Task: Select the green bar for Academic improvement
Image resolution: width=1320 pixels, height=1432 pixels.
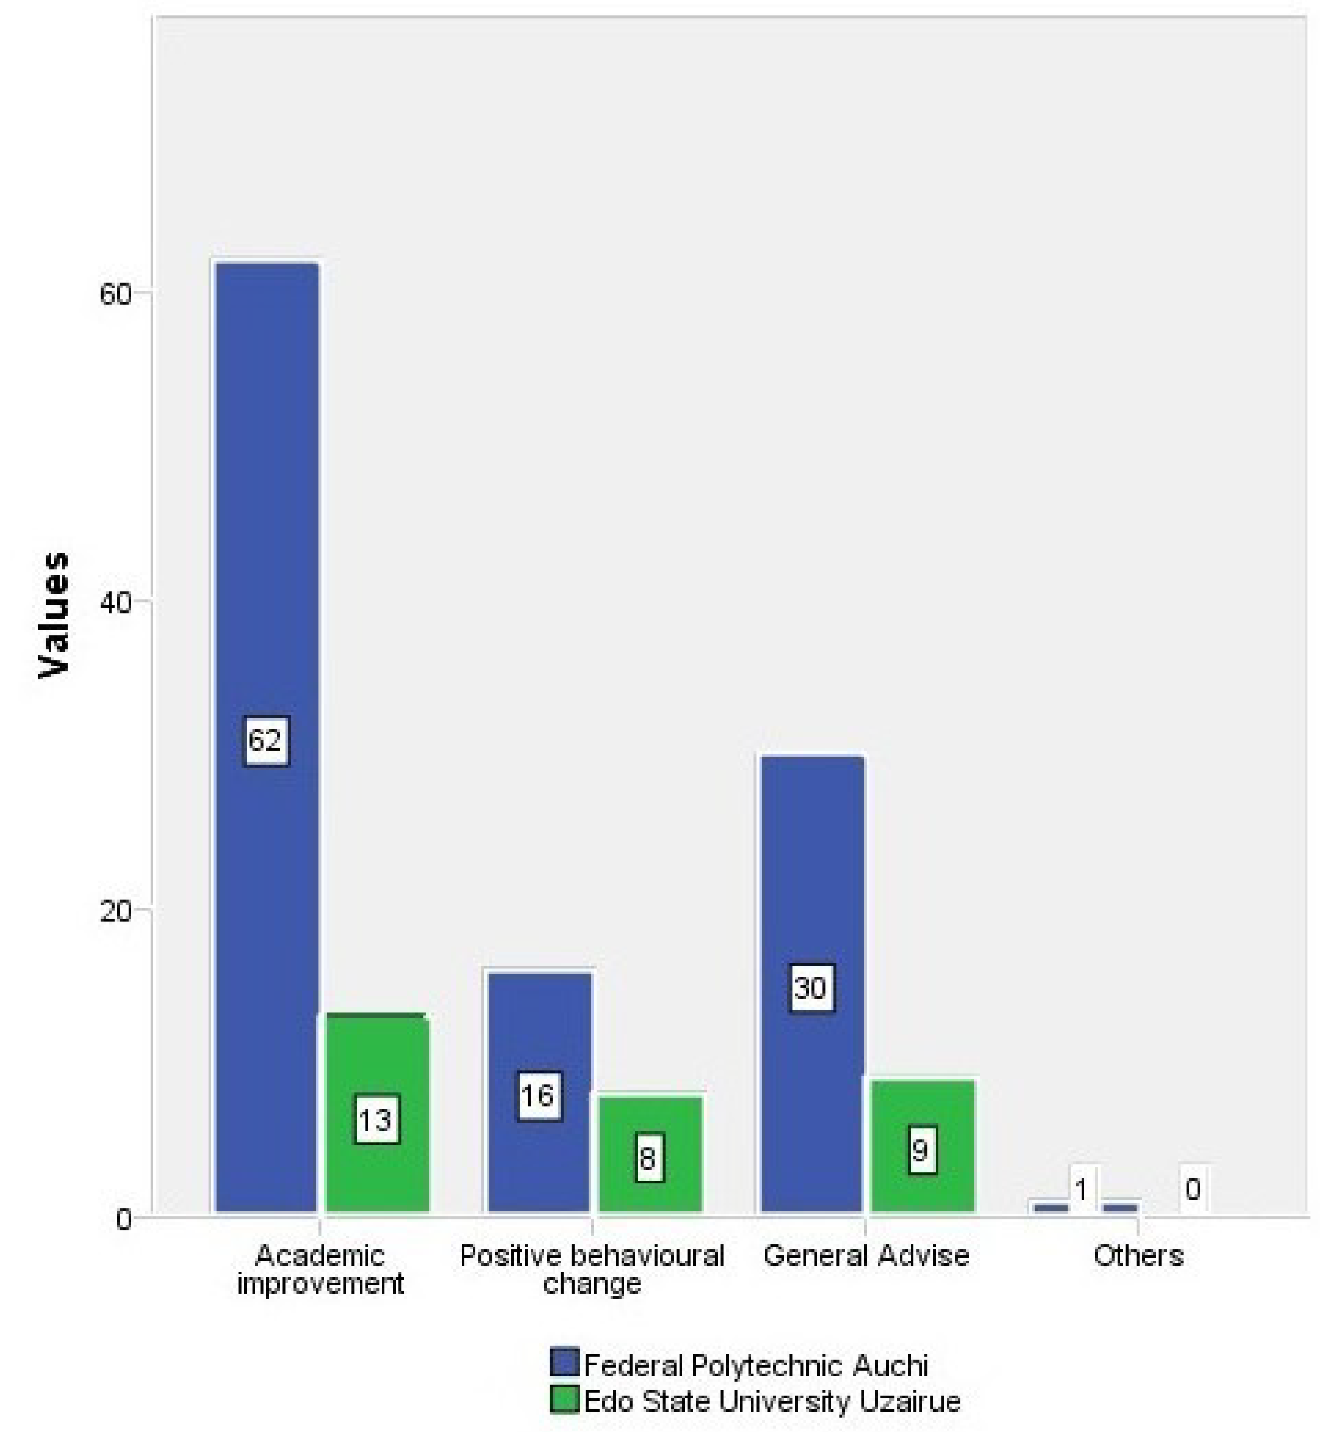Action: point(377,1071)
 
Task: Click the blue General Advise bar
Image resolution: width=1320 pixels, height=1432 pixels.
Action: point(812,892)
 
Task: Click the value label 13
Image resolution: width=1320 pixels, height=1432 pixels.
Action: point(376,1120)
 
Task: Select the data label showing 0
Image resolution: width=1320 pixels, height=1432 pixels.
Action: point(1192,1189)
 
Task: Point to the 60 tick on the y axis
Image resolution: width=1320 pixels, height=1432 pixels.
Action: point(116,293)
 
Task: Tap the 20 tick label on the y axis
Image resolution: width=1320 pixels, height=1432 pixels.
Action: point(116,911)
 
